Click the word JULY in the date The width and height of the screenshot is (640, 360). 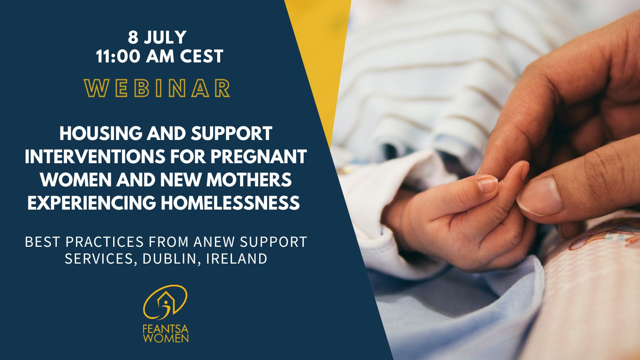click(165, 37)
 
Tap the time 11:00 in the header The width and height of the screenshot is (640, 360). click(118, 56)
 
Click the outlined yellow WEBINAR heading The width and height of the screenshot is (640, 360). click(157, 88)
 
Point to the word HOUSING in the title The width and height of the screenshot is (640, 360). click(100, 133)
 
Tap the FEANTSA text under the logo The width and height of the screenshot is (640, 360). click(166, 330)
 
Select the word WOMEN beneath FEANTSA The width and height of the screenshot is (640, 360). click(166, 338)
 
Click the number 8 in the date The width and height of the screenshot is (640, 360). click(133, 37)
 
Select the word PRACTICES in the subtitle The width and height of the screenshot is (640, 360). click(104, 242)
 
